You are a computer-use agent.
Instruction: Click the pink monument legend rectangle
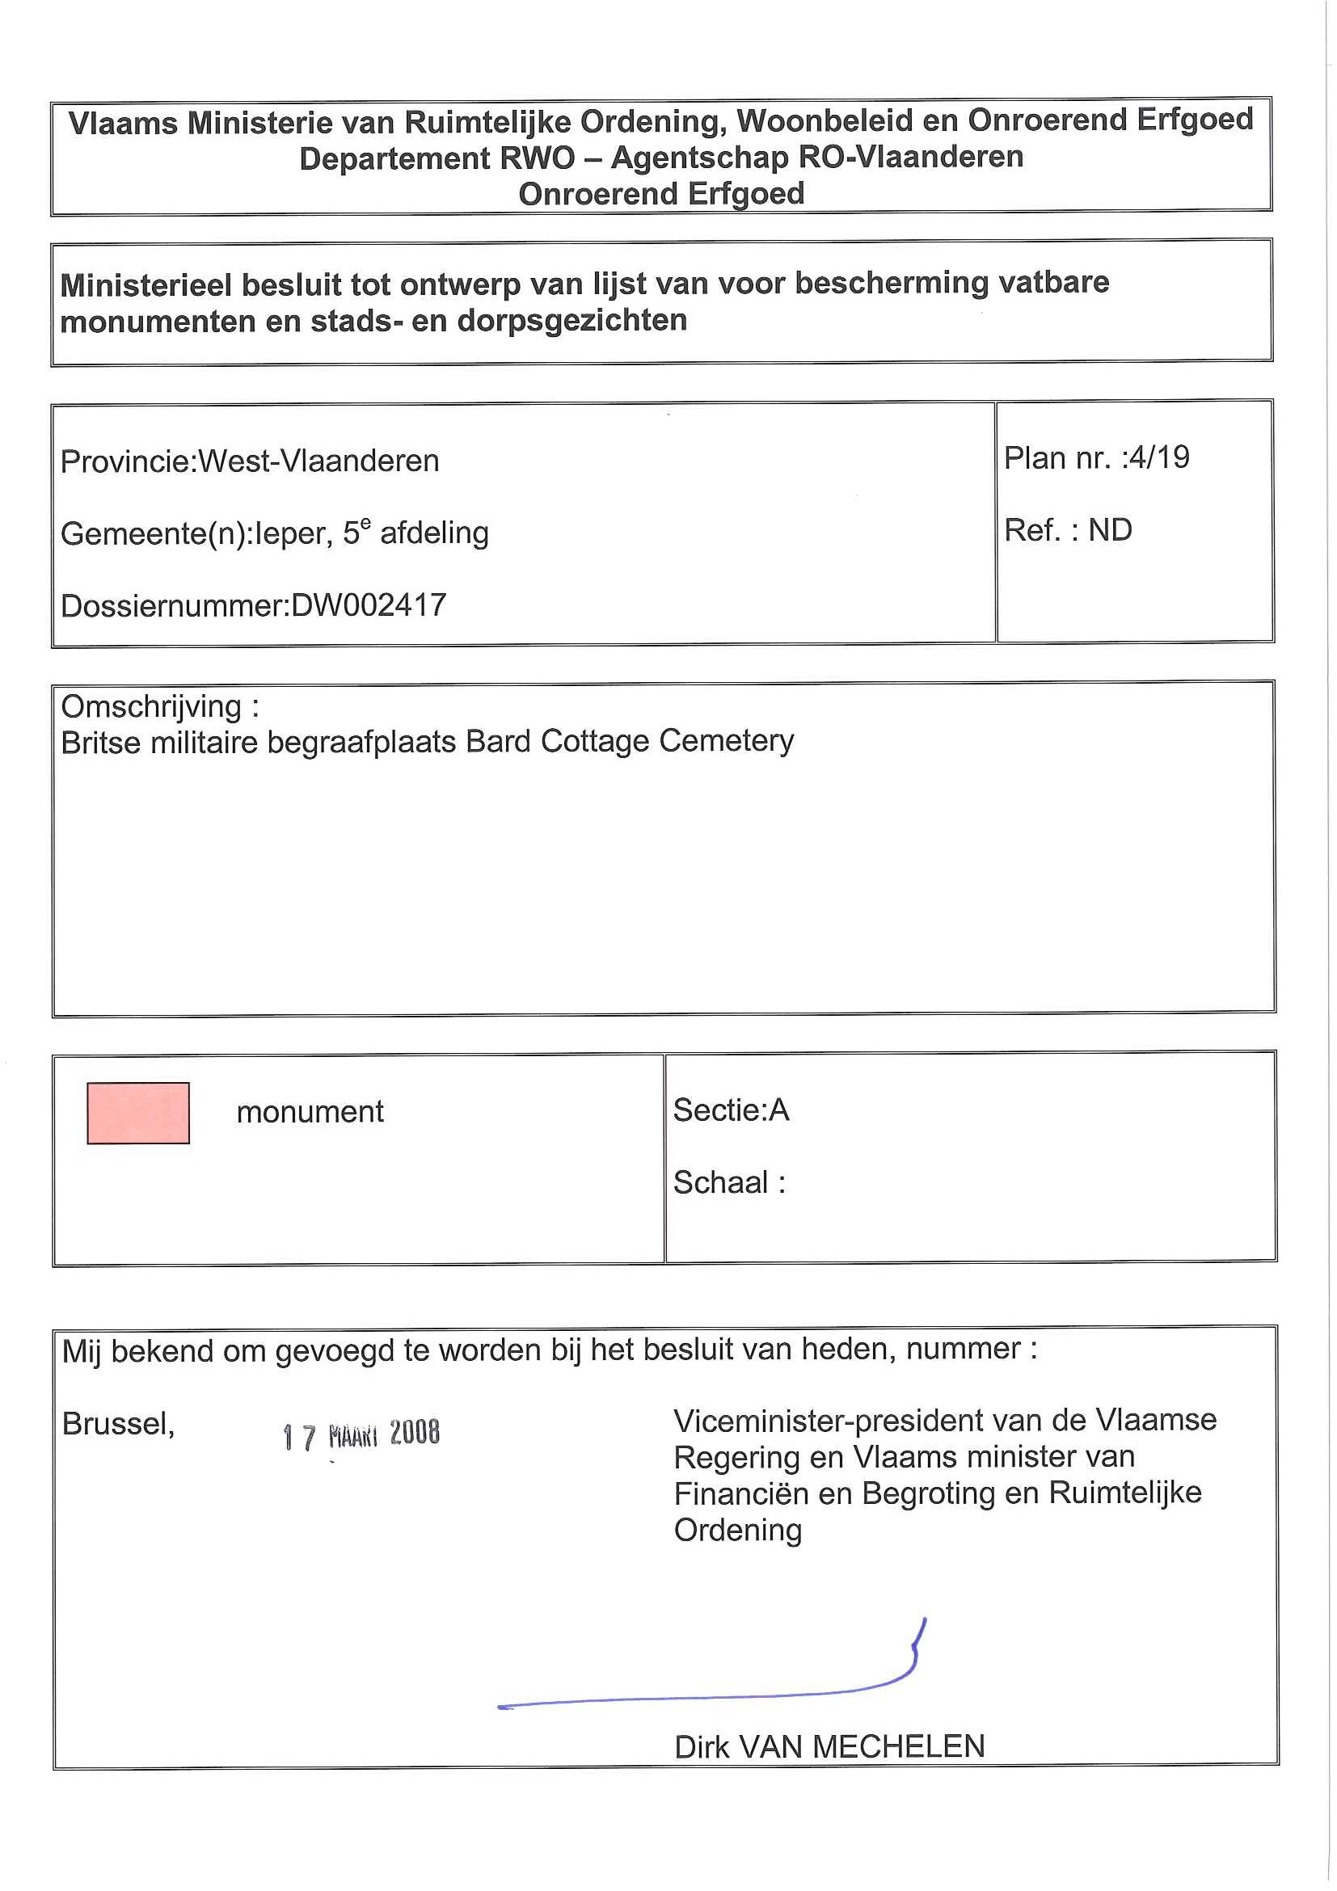138,1113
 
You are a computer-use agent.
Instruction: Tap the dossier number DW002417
369,606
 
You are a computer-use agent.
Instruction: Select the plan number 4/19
1159,458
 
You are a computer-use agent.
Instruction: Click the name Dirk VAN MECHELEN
829,1746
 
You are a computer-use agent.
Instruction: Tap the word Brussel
118,1423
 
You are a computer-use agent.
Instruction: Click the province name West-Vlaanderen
318,461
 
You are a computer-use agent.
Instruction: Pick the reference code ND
1110,530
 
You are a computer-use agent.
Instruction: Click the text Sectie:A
731,1110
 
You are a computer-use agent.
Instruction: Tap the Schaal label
722,1183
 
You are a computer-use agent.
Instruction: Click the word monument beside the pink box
310,1113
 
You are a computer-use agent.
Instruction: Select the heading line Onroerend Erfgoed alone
660,195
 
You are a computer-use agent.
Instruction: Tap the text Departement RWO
437,158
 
